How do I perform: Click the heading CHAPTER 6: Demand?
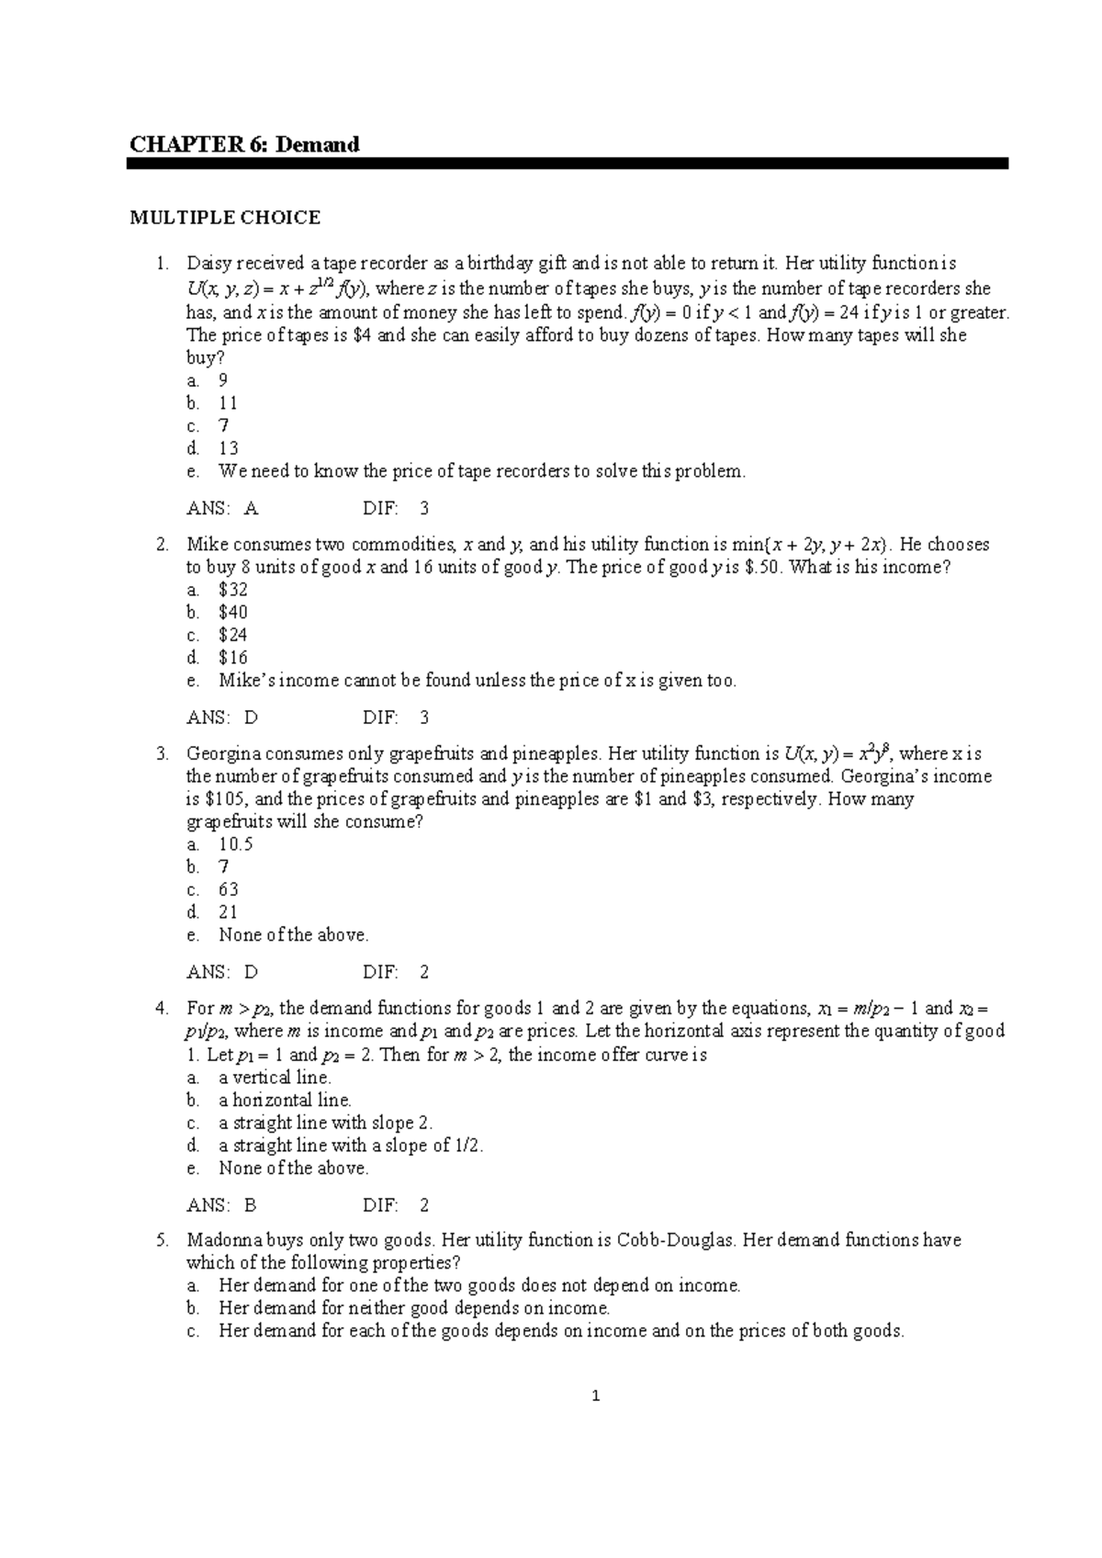pos(243,144)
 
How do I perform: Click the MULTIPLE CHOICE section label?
pos(225,218)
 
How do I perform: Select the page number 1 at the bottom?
pos(596,1397)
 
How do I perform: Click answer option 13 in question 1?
pos(228,448)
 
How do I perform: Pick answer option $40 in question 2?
pos(232,612)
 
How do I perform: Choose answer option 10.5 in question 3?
pos(235,844)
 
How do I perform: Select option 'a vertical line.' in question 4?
pos(275,1078)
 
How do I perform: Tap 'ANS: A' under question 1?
pos(222,508)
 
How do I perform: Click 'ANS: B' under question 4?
pos(221,1205)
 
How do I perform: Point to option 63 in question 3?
pos(228,889)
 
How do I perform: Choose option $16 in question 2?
pos(232,657)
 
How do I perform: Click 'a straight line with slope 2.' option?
pos(325,1123)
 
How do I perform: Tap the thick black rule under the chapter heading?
pos(567,164)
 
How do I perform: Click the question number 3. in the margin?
pos(163,754)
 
